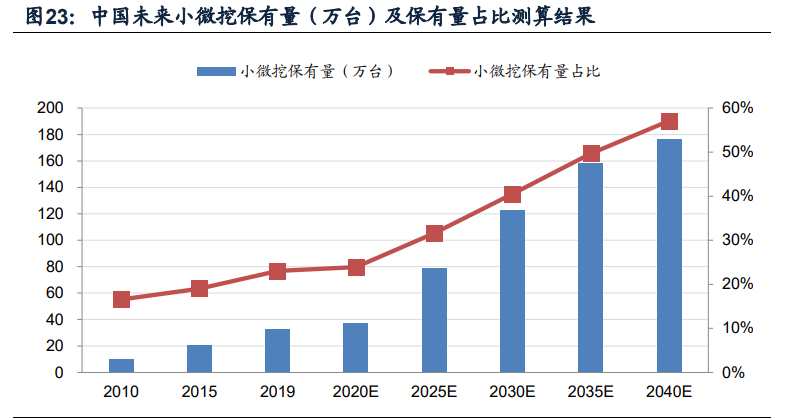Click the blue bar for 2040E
(x=669, y=256)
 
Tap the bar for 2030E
(x=513, y=291)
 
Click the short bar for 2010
(x=122, y=365)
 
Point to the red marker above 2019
(x=278, y=271)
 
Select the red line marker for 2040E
(x=669, y=122)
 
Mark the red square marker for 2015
(x=200, y=289)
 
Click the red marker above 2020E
(x=356, y=267)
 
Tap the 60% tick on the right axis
(x=738, y=108)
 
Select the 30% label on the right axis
(x=738, y=240)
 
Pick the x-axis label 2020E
(x=356, y=391)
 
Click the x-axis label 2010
(x=122, y=391)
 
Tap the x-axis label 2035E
(x=591, y=391)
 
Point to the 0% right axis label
(x=734, y=373)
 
